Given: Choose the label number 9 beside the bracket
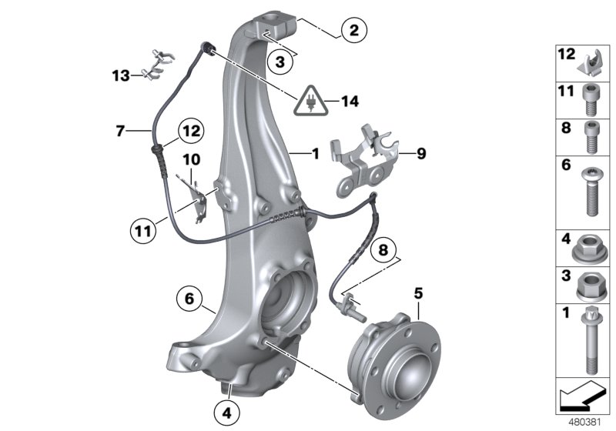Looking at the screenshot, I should pos(420,154).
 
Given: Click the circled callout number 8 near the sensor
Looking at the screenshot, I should pos(383,251).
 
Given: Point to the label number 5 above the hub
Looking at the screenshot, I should pos(419,292).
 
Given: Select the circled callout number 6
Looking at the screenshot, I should pos(189,295).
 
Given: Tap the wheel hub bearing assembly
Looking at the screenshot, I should pos(392,356).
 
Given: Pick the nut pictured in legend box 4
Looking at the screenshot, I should pos(588,249).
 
